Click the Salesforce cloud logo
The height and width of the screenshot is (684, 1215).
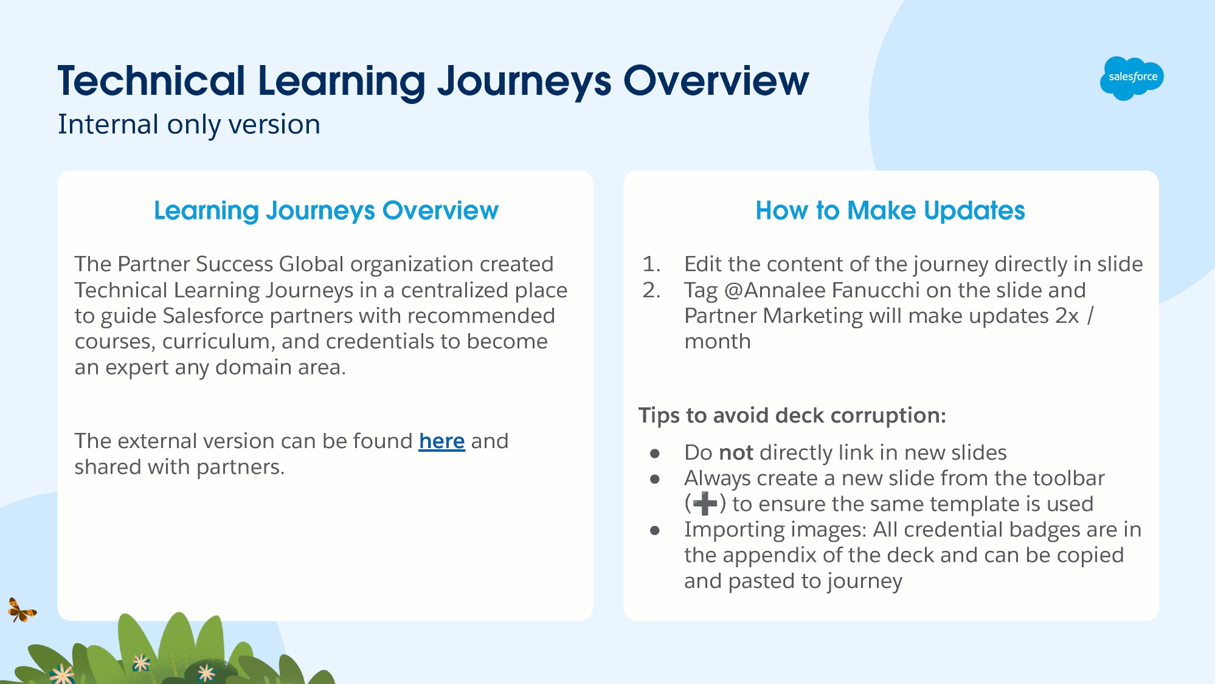[x=1132, y=78]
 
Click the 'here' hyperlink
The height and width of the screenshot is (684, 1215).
[x=441, y=441]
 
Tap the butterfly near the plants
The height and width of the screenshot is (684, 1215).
[x=22, y=610]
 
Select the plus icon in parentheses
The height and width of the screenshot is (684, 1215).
[x=705, y=504]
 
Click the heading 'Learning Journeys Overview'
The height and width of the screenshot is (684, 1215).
[x=326, y=210]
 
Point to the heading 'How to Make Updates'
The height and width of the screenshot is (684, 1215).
[x=890, y=210]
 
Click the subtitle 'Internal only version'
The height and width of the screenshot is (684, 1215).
[x=189, y=125]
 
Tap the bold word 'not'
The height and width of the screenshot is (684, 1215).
[x=736, y=452]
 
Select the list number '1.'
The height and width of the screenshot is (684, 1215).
[x=651, y=264]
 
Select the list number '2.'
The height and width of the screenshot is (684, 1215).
[x=651, y=290]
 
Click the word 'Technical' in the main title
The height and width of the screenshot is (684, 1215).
[x=151, y=81]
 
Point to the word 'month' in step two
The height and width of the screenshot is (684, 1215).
[x=718, y=342]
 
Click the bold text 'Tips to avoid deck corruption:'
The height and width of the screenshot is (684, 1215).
[x=792, y=415]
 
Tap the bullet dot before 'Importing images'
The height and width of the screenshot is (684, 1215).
[x=655, y=530]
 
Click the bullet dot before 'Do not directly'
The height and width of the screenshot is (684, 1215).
[x=655, y=453]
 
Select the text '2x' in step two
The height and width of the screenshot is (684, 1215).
[x=1067, y=316]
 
